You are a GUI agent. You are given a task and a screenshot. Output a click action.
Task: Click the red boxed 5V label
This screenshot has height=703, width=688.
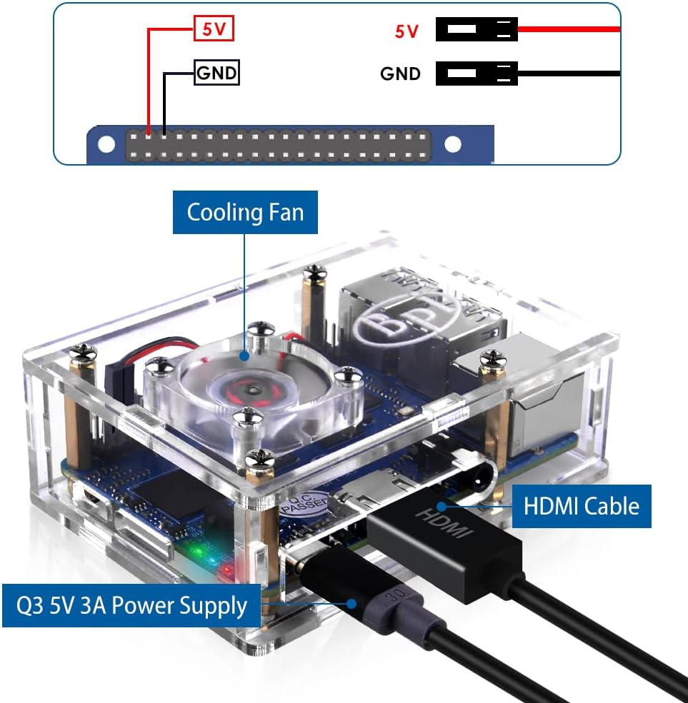pyautogui.click(x=214, y=30)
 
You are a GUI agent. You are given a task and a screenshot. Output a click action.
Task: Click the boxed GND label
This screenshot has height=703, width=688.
pyautogui.click(x=217, y=73)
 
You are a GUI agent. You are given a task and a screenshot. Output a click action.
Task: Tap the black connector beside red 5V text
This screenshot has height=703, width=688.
pyautogui.click(x=477, y=30)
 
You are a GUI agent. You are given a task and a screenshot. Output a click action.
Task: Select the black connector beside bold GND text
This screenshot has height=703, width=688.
pyautogui.click(x=477, y=74)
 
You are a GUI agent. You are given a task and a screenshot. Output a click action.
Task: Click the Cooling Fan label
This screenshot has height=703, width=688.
pyautogui.click(x=245, y=212)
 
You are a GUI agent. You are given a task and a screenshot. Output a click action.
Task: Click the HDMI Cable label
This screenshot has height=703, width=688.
pyautogui.click(x=581, y=506)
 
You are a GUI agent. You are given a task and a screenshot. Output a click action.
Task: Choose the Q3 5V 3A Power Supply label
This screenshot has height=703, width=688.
pyautogui.click(x=132, y=606)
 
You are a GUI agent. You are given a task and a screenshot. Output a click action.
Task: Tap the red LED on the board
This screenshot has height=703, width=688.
pyautogui.click(x=226, y=570)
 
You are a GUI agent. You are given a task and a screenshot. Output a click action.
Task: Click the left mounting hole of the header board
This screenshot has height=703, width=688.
pyautogui.click(x=106, y=145)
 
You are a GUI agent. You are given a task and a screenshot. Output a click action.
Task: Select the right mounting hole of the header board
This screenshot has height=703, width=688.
pyautogui.click(x=453, y=145)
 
